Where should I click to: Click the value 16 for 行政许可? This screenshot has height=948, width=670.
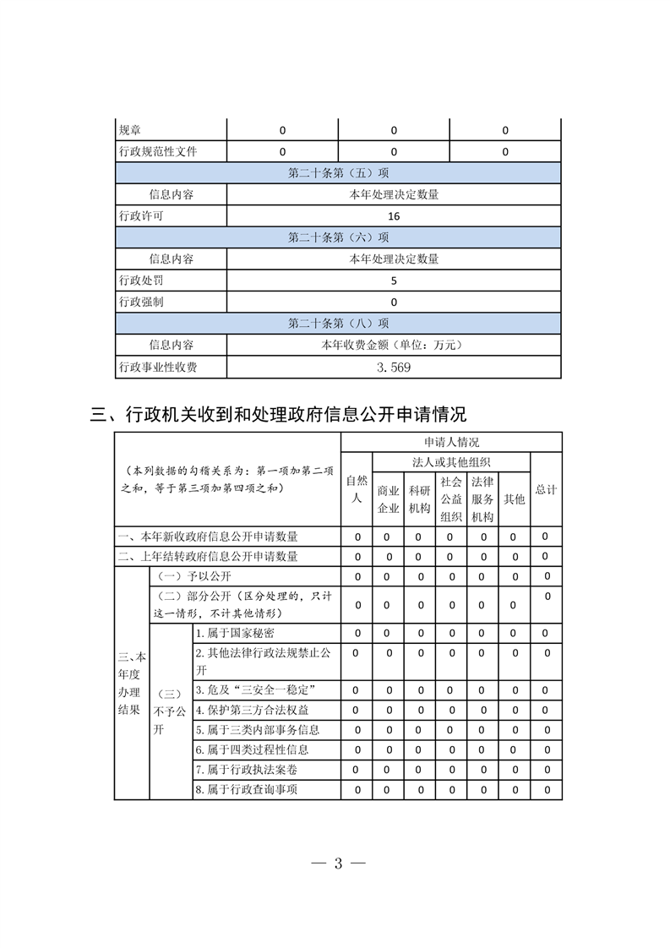(394, 215)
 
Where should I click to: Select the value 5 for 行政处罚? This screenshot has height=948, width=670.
(394, 281)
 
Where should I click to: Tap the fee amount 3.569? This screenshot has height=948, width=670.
(394, 367)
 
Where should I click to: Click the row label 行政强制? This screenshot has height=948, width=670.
(140, 302)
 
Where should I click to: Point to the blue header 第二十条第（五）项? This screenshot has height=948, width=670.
(338, 172)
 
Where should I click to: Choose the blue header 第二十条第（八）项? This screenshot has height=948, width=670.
(338, 323)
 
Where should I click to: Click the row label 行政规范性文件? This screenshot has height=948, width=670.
(158, 152)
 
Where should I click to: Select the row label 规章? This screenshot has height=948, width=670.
(130, 130)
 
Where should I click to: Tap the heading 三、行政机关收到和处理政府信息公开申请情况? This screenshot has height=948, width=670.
(278, 414)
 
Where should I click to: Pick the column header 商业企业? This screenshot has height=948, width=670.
(388, 499)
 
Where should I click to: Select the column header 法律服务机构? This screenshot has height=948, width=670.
(482, 499)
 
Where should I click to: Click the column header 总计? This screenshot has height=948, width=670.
(546, 489)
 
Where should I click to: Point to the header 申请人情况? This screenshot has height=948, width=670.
(451, 442)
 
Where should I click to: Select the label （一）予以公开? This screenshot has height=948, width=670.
(189, 576)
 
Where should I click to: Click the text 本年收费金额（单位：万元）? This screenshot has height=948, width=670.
(394, 345)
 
